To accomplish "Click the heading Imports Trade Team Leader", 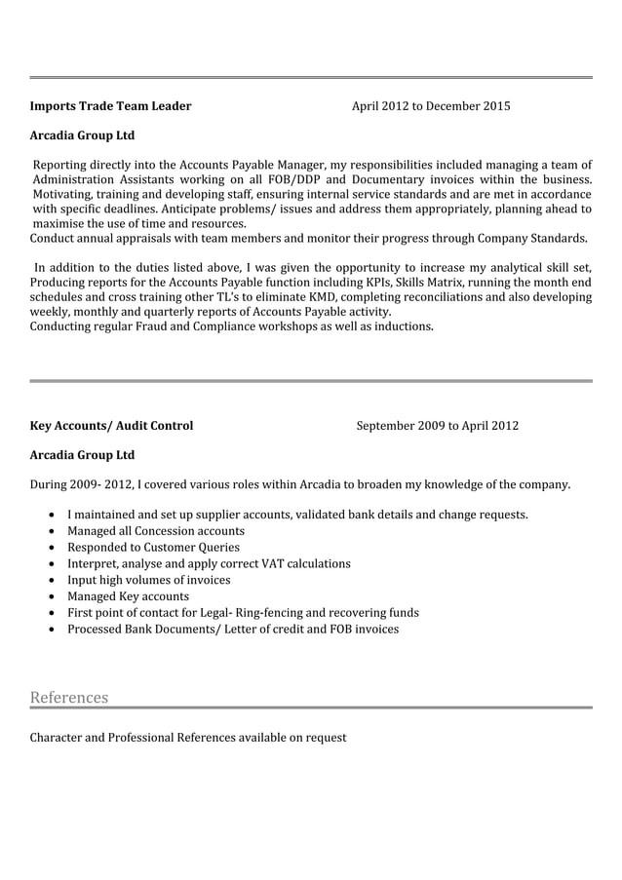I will (110, 106).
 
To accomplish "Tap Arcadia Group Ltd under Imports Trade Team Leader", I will (82, 135).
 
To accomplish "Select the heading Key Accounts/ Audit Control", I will (111, 426).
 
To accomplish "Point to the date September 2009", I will (401, 426).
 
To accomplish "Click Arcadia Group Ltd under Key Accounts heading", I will (82, 455).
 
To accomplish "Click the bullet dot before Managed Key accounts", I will (51, 596).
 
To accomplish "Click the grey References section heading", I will (69, 698).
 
